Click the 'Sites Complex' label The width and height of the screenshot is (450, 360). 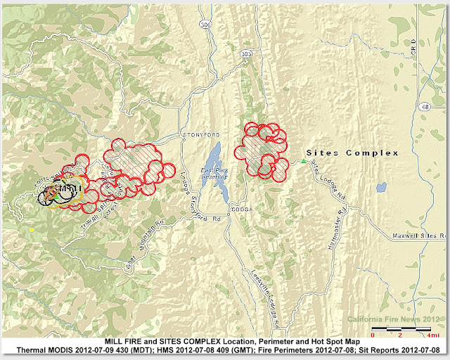coord(353,153)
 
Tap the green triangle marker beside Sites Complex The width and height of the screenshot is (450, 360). coord(304,162)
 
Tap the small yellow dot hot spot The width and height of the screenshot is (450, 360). coord(32,230)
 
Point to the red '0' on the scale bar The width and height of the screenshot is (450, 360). coord(373,335)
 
